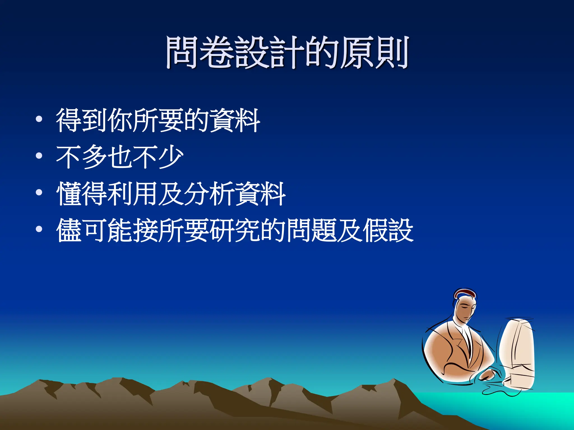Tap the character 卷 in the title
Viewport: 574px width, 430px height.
click(217, 53)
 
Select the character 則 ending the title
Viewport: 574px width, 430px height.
click(392, 53)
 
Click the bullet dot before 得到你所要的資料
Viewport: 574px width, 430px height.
click(39, 119)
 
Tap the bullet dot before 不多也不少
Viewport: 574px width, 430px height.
click(39, 156)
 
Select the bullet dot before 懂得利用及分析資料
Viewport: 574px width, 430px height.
click(39, 193)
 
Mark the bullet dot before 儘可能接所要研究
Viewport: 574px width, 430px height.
click(39, 229)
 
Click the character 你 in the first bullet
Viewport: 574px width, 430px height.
click(120, 120)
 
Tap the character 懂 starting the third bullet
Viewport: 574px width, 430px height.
click(69, 194)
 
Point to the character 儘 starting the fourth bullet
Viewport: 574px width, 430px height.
click(69, 230)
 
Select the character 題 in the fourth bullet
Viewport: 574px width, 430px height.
click(324, 230)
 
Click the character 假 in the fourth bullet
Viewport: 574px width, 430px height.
click(375, 230)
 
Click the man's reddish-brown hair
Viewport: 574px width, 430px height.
click(465, 293)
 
